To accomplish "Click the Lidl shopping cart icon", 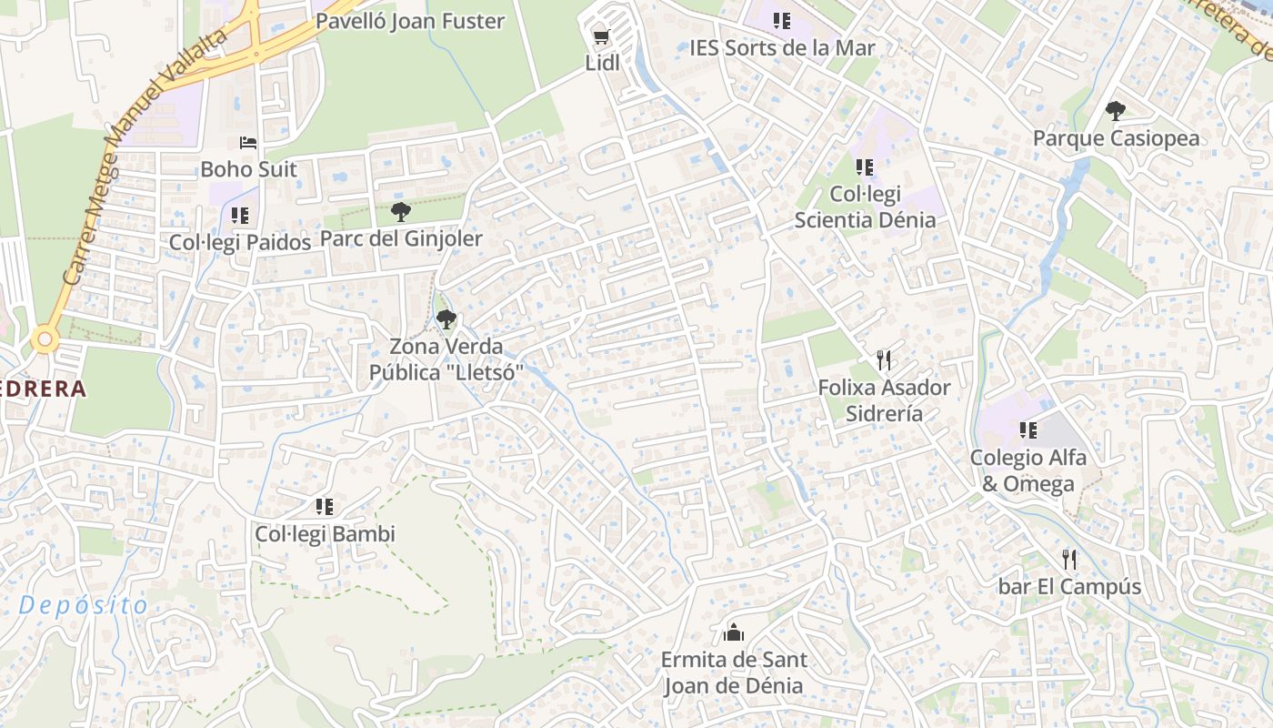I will click(600, 37).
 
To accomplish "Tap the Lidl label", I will click(602, 63).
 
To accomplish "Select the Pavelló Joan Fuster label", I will click(409, 21).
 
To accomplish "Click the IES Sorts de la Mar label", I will click(782, 47).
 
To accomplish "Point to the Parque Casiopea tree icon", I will click(1115, 112).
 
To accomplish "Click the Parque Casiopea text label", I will click(1116, 138).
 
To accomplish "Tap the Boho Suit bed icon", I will click(248, 143).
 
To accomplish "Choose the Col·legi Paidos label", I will click(240, 242).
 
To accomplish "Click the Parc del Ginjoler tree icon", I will click(400, 213).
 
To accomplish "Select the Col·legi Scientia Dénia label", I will click(865, 207).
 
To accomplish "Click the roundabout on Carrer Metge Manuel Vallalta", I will click(44, 340).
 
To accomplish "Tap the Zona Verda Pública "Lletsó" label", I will click(446, 359).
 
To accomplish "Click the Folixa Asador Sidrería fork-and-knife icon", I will click(884, 360).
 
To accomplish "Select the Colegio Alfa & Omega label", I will click(1027, 470).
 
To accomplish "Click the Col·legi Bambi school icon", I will click(325, 507).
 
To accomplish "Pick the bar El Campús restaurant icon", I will click(1069, 559).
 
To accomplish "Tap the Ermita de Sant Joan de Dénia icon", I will click(733, 633).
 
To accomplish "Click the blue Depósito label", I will click(83, 605).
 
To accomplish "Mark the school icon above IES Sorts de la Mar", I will click(781, 21).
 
